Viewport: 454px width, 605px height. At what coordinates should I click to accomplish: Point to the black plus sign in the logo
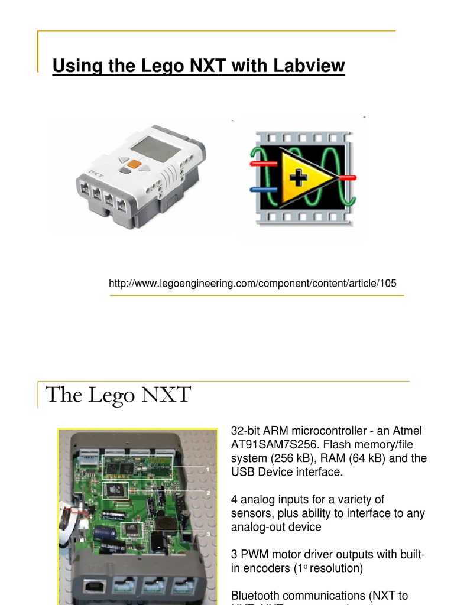[300, 177]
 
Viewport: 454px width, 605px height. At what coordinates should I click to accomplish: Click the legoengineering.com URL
[252, 284]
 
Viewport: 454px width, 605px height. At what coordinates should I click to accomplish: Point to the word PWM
[252, 555]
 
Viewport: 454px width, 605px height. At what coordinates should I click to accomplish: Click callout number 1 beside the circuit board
[207, 469]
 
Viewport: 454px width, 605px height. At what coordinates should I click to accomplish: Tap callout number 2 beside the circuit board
[207, 492]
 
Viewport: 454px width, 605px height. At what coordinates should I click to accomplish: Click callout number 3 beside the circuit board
[207, 534]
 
